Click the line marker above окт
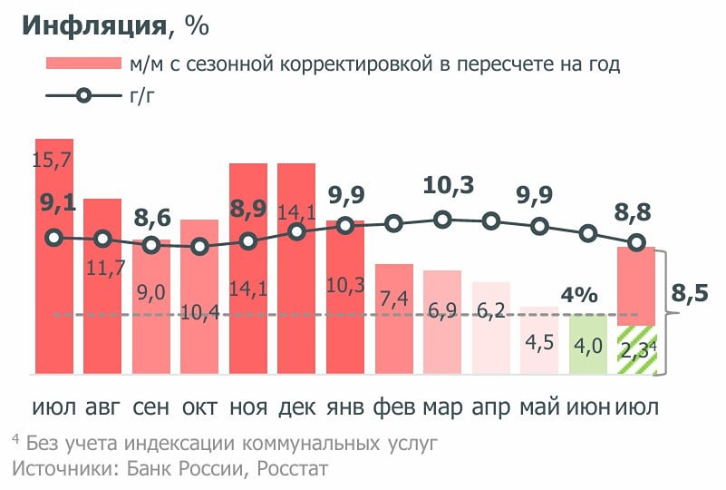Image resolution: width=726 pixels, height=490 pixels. tap(200, 247)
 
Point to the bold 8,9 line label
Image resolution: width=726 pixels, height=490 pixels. tap(248, 209)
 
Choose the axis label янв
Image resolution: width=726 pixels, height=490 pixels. tap(344, 407)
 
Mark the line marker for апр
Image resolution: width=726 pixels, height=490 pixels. tap(491, 220)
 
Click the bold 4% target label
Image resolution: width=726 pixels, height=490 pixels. tap(579, 295)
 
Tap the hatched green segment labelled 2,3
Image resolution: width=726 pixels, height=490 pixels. tap(636, 350)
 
